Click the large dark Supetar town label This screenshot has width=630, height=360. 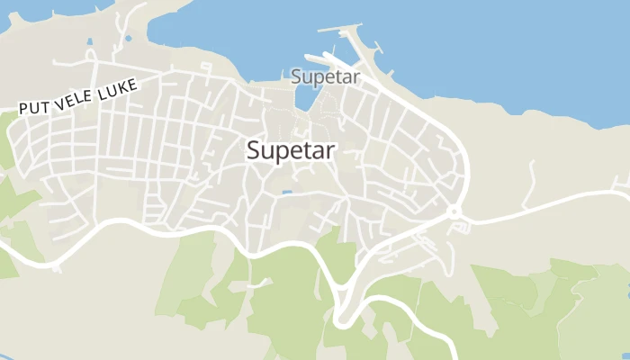pos(291,151)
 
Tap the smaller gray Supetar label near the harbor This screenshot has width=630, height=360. pos(325,76)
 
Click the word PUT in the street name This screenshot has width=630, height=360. pos(34,105)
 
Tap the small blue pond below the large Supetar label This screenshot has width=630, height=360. pos(286,192)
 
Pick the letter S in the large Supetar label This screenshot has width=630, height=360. pos(254,151)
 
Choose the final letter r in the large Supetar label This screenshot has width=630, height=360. pos(330,151)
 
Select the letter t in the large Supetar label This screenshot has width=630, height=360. pos(304,151)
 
